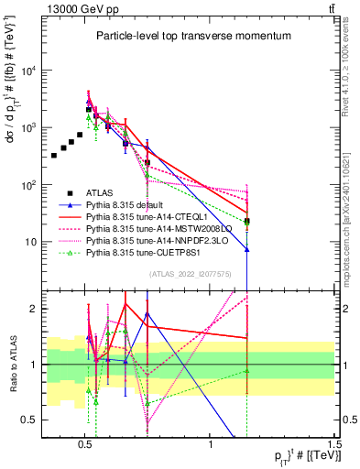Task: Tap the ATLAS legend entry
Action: pos(102,192)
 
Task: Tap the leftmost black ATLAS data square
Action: pos(54,156)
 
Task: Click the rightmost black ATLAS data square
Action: pos(247,221)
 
